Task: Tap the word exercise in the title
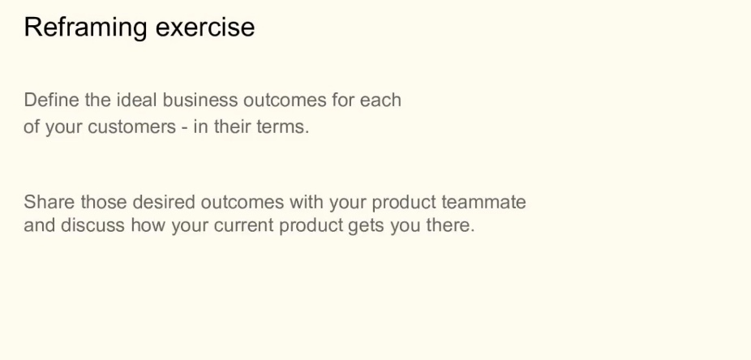205,27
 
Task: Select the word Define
51,100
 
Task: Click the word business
200,100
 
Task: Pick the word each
380,100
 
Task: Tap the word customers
132,126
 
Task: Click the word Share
49,202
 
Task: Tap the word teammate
483,202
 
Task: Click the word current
244,225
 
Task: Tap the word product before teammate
404,203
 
